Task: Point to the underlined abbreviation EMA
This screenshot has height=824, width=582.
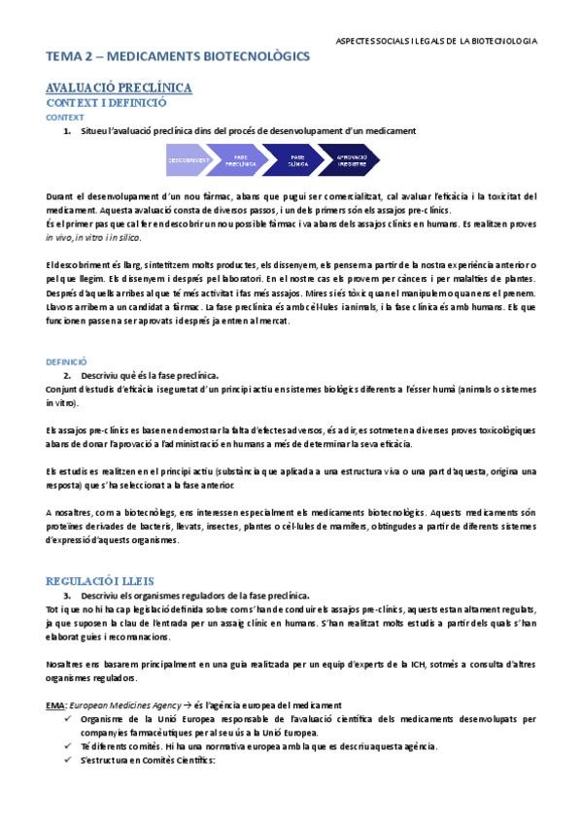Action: [x=55, y=704]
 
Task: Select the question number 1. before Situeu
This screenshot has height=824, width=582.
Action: [x=66, y=130]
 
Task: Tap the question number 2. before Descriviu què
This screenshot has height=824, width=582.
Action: [x=66, y=374]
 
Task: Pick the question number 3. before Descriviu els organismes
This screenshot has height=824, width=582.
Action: [x=66, y=594]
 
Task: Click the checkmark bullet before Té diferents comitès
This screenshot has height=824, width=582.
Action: [x=67, y=745]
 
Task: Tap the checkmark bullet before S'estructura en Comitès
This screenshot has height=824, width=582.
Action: [x=67, y=759]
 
